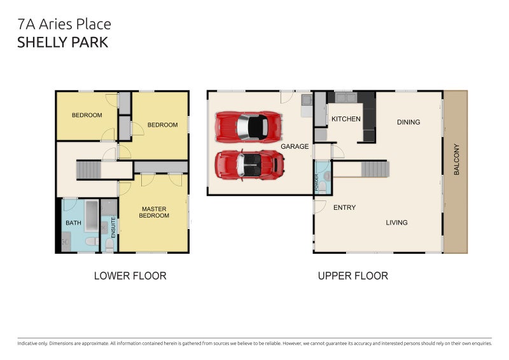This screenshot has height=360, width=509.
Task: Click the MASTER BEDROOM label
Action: click(x=154, y=212)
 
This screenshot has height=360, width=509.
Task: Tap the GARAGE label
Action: click(x=295, y=146)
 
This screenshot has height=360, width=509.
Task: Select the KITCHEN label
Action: click(x=345, y=119)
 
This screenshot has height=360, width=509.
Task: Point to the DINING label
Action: click(x=408, y=122)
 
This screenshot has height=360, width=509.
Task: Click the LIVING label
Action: click(x=396, y=223)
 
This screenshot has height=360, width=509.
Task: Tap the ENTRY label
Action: click(x=344, y=207)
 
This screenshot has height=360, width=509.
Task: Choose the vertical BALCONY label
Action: click(x=456, y=160)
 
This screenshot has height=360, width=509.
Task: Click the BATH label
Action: click(x=73, y=223)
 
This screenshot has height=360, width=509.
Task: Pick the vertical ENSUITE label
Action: click(x=113, y=228)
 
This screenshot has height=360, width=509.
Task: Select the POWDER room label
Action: click(x=317, y=183)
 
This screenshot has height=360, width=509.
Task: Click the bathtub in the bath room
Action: click(x=92, y=216)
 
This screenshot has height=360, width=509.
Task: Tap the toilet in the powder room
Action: click(x=323, y=187)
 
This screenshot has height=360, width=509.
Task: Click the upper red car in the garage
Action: click(x=249, y=127)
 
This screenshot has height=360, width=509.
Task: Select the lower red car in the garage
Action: click(x=249, y=165)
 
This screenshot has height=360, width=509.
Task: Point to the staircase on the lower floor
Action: click(x=88, y=170)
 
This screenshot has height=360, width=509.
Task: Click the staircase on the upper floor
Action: click(x=375, y=169)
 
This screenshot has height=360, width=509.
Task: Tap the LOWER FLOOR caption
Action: click(x=130, y=276)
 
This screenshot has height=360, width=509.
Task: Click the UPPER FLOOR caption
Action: click(x=353, y=276)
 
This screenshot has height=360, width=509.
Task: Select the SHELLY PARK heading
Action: click(x=62, y=43)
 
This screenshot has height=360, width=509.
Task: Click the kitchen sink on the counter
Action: click(x=346, y=97)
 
